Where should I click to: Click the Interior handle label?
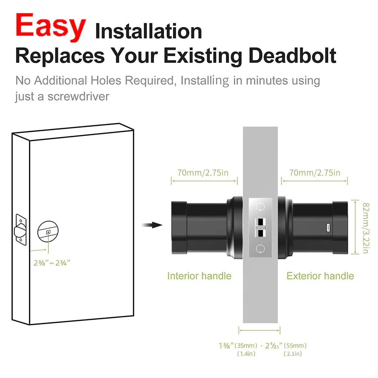coord(199,276)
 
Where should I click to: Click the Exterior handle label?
coord(320,276)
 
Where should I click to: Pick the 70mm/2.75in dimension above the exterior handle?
coord(314,173)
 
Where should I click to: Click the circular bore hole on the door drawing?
coord(49,232)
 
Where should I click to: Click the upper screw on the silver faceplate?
coord(260,206)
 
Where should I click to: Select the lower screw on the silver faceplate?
coord(260,248)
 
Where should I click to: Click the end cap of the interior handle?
coord(179,228)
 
